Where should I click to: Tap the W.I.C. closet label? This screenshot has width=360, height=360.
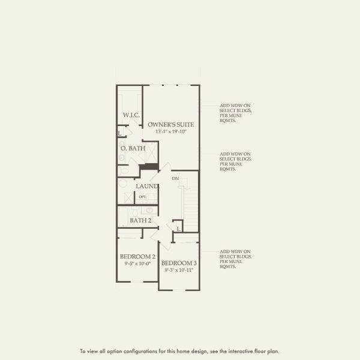(x=131, y=115)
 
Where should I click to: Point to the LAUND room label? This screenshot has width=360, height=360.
(x=146, y=186)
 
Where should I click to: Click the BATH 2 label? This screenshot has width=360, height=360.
(x=140, y=220)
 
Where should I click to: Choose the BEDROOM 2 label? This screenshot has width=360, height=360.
(x=137, y=257)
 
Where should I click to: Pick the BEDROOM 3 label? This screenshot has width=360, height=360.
(x=179, y=263)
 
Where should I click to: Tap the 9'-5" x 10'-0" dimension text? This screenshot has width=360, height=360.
(x=137, y=263)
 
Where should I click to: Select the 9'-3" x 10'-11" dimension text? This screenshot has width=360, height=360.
(x=179, y=269)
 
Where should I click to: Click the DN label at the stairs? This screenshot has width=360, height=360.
(x=175, y=179)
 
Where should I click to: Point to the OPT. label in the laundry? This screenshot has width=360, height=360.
(x=143, y=197)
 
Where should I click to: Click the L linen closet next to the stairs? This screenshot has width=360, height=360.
(x=178, y=228)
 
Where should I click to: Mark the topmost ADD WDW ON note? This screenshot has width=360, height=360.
(x=235, y=112)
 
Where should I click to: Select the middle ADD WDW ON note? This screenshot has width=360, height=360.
(x=235, y=161)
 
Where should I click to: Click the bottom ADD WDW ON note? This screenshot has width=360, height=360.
(x=235, y=259)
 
